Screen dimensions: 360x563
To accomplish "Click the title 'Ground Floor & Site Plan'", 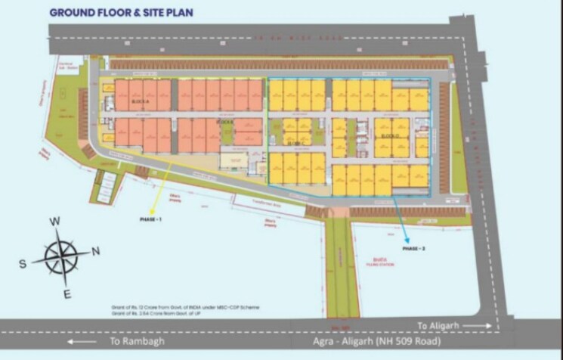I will (x=120, y=12).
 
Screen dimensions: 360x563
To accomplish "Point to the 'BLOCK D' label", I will (x=390, y=136).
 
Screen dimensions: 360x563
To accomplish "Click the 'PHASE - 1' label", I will (x=151, y=219).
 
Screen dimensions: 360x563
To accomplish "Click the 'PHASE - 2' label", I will (x=415, y=248).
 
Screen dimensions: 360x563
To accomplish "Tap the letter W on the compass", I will (x=55, y=222).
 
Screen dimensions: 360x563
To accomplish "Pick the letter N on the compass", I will (x=96, y=251).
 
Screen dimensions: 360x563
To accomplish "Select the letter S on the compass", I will (x=23, y=264).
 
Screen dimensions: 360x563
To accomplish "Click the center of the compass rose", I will (x=60, y=258).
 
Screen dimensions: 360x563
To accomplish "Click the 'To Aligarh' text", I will (x=437, y=325).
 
